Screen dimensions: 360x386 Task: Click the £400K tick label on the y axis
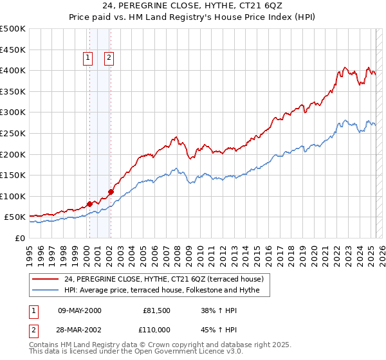click(13, 70)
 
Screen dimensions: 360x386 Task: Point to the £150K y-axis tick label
click(13, 175)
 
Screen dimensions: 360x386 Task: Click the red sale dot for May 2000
click(89, 204)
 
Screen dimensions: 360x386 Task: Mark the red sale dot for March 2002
click(111, 192)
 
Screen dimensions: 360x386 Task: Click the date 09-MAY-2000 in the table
click(80, 310)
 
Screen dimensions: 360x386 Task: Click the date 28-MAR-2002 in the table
click(80, 328)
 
